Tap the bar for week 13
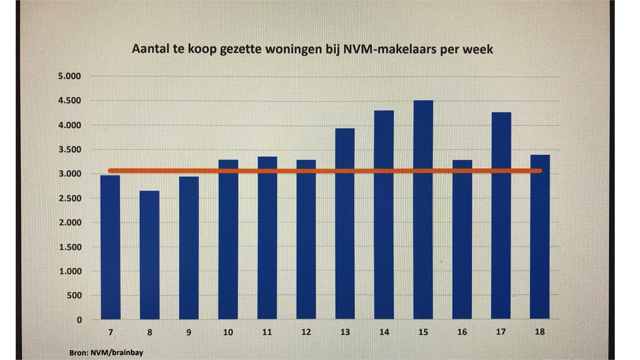point(345,223)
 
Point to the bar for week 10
point(228,239)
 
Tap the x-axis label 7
point(110,332)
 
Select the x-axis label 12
point(306,332)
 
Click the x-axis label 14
point(384,332)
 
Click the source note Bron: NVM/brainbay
point(103,353)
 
